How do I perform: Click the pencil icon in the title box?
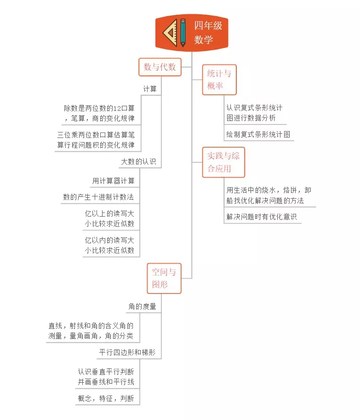(x=183, y=32)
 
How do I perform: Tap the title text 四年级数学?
(x=208, y=32)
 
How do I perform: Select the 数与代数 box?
(x=160, y=67)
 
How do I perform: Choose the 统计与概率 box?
(x=219, y=80)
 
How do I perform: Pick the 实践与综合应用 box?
(x=223, y=162)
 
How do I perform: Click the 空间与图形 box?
(x=164, y=278)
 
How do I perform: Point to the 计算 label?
(x=150, y=89)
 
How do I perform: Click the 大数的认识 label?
(x=138, y=162)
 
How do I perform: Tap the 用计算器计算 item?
(x=114, y=181)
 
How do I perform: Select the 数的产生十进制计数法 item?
(x=98, y=197)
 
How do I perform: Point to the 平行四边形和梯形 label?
(x=127, y=353)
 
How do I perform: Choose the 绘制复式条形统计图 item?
(x=258, y=135)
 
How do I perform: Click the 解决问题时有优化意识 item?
(x=261, y=217)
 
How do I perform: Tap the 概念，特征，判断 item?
(x=106, y=398)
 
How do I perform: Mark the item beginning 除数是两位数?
(x=99, y=113)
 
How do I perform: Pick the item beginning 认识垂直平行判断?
(x=106, y=376)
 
